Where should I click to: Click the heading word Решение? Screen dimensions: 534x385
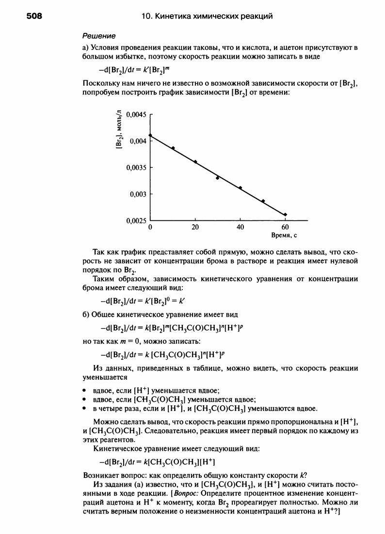99,36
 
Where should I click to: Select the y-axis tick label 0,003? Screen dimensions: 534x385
137,194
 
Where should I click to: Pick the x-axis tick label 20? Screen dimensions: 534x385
195,227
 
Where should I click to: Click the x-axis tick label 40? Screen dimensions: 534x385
240,227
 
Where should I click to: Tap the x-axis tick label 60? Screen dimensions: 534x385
285,227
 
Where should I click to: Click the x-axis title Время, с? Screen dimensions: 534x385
285,236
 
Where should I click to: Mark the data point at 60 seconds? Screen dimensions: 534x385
285,214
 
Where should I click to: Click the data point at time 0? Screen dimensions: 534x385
150,135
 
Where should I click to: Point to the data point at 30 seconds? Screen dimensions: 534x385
218,178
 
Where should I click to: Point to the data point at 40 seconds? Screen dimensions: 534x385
240,188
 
